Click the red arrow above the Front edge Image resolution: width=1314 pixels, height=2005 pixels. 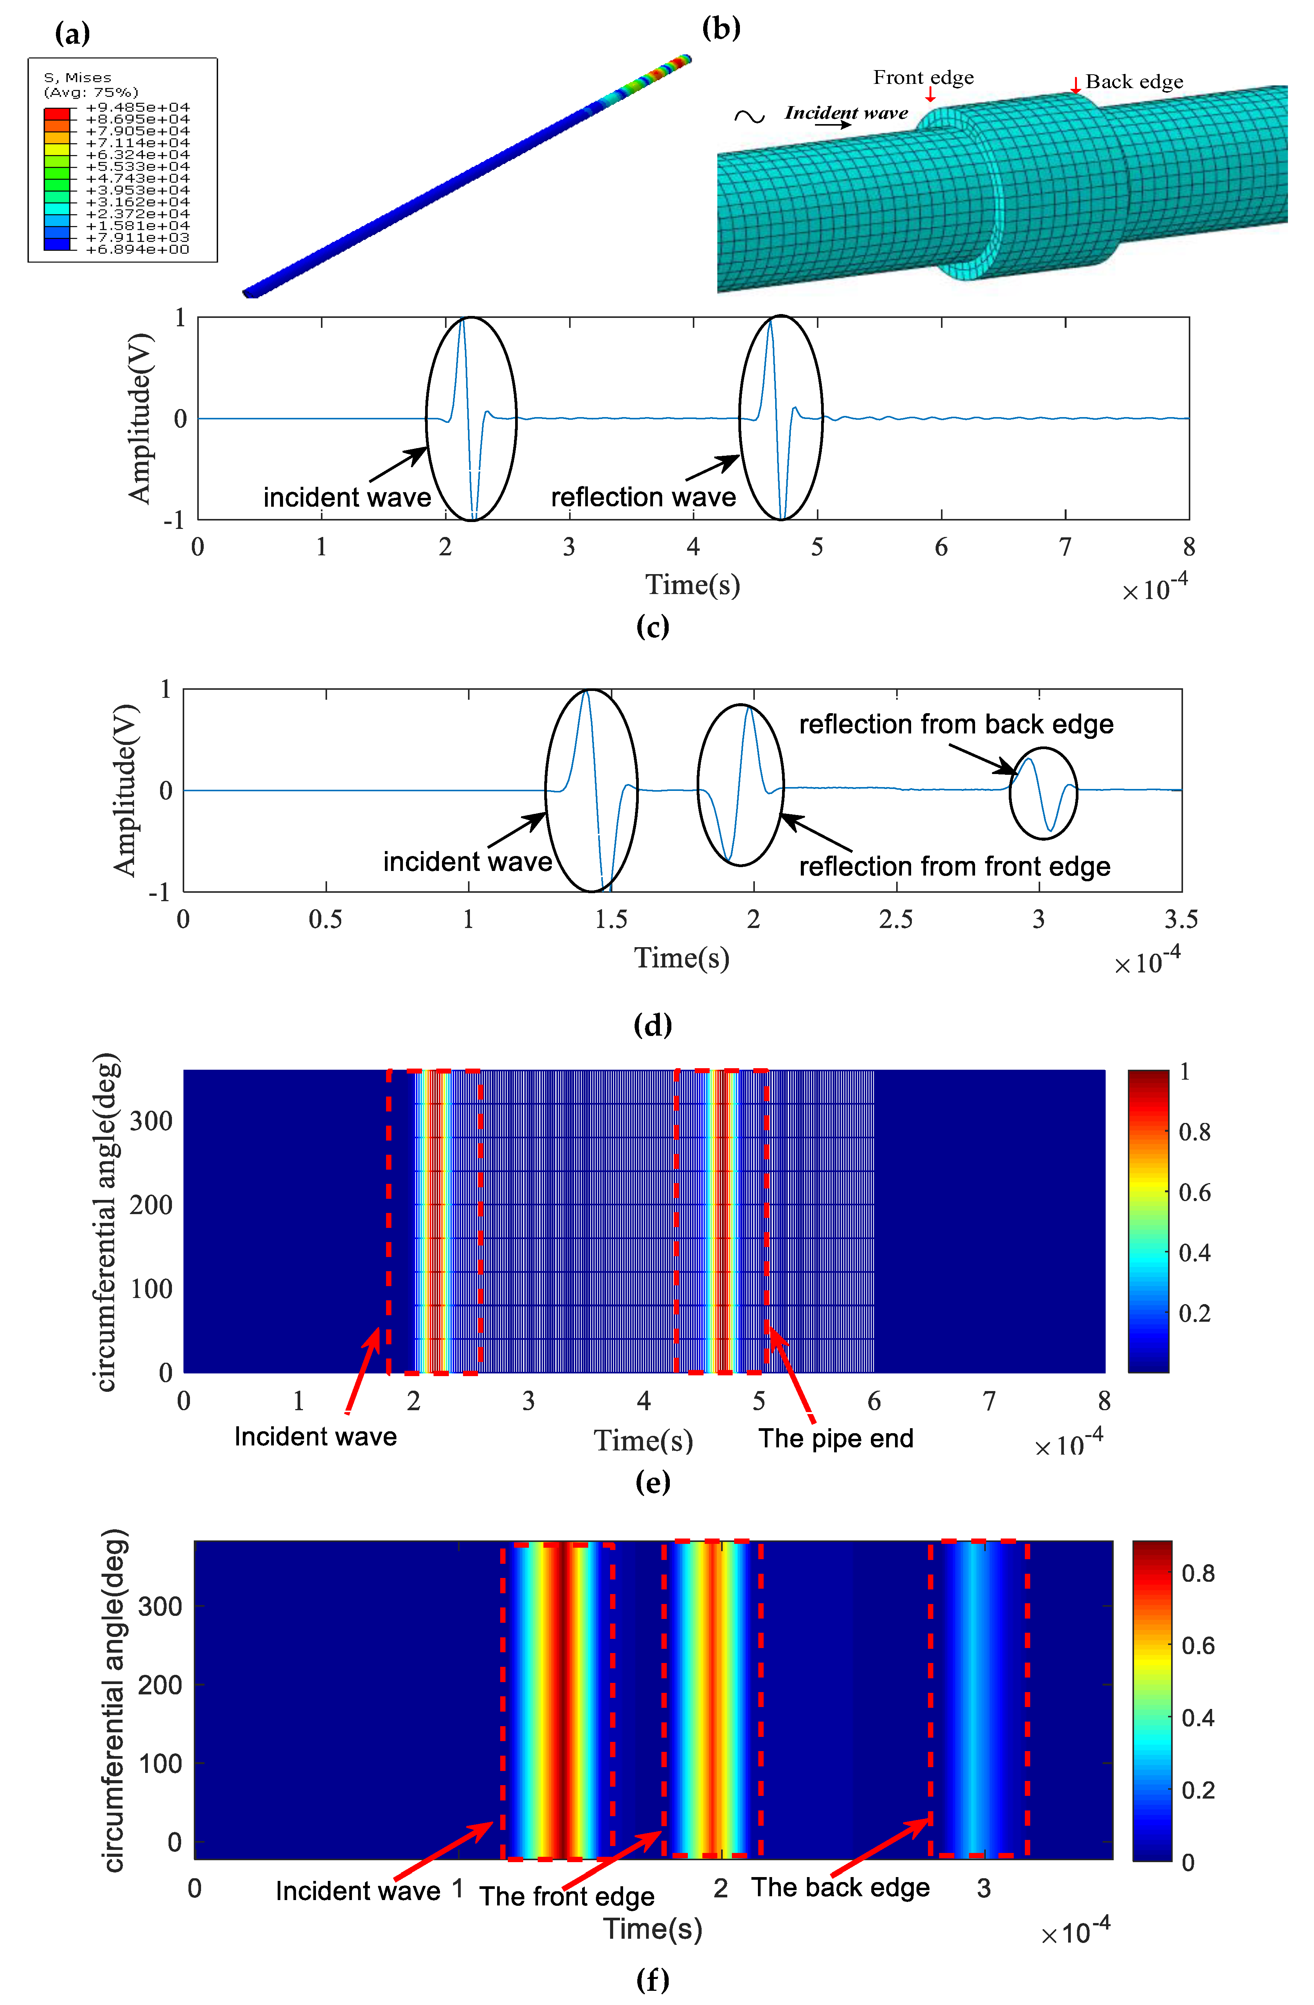point(930,95)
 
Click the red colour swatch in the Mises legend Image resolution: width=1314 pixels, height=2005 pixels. point(56,113)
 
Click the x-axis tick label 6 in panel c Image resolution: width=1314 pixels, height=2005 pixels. point(941,548)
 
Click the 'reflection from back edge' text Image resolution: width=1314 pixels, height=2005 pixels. point(956,725)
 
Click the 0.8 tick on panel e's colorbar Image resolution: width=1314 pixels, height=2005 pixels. point(1195,1132)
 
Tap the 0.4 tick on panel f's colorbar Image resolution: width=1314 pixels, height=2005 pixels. point(1198,1718)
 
